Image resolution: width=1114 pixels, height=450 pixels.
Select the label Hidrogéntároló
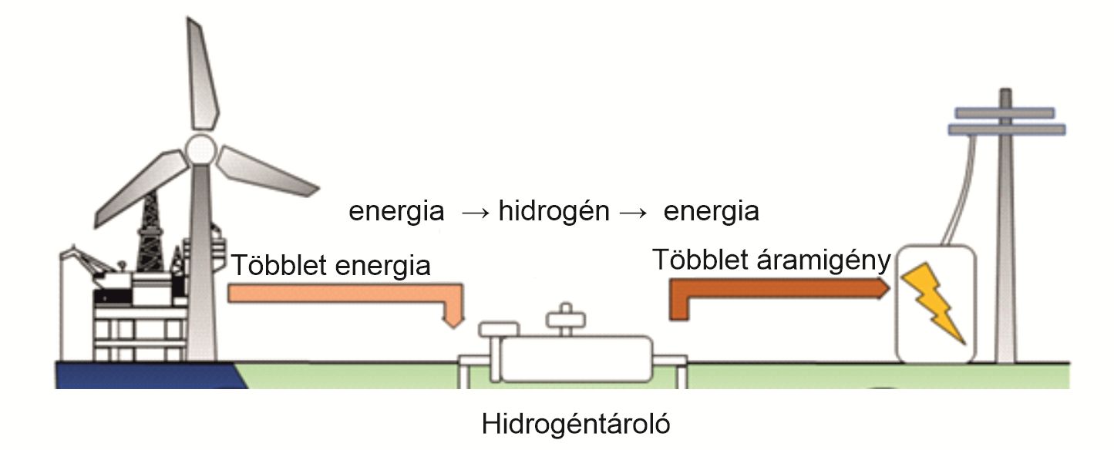pos(576,424)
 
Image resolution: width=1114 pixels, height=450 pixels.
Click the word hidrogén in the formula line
pos(554,211)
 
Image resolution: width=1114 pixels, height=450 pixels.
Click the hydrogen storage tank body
pos(574,358)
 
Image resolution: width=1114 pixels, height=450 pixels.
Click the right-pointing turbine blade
pos(266,171)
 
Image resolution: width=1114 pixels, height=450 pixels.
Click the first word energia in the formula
pos(396,212)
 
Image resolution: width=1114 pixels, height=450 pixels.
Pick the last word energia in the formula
pos(711,211)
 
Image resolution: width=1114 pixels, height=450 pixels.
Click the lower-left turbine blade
pos(139,190)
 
